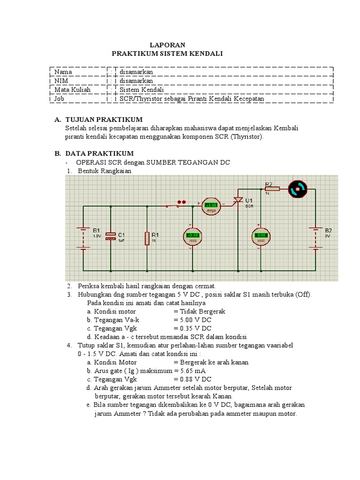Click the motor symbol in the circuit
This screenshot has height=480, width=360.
pos(296,188)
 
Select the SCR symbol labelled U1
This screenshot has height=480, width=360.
pos(238,200)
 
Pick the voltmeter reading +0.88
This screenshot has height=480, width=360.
pos(192,235)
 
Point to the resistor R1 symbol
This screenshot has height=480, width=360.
pos(147,238)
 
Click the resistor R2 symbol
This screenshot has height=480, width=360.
pos(272,188)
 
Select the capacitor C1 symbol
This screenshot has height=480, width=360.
pos(111,235)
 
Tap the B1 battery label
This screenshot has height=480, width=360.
pos(97,230)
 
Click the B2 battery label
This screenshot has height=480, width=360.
pos(328,230)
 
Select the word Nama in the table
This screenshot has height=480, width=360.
pos(63,72)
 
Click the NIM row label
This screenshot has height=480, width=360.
pos(61,81)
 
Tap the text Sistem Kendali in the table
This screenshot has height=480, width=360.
pos(142,90)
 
